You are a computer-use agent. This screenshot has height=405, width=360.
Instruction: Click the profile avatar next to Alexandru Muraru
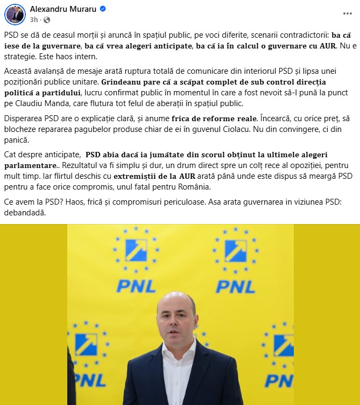coord(15,14)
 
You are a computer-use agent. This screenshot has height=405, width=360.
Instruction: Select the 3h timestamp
coord(34,19)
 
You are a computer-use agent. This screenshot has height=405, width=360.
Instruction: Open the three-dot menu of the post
coord(345,14)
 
